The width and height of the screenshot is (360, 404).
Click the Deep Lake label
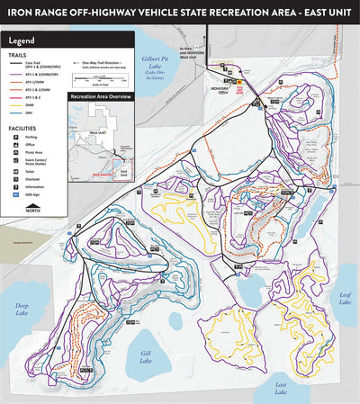[x=19, y=310]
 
